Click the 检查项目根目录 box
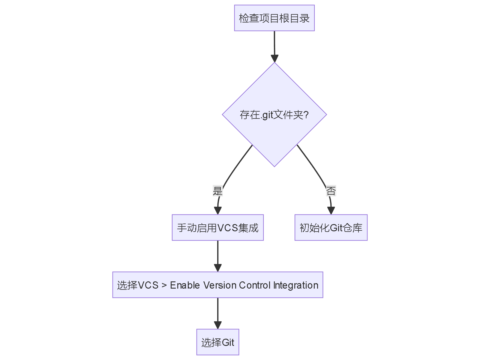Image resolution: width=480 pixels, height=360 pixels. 274,18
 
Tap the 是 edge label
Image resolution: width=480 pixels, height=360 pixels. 217,191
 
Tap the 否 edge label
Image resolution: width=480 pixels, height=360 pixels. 331,191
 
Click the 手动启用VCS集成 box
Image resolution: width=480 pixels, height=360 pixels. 217,227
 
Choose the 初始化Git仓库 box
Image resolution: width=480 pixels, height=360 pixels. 331,227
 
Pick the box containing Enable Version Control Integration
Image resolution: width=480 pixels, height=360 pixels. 217,285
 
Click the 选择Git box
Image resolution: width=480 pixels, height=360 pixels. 217,342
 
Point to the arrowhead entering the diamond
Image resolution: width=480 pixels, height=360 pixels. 274,58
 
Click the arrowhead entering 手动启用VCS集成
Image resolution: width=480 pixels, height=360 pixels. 218,210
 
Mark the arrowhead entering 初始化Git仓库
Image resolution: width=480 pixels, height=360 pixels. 331,210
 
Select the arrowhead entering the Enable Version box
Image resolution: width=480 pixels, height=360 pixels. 218,268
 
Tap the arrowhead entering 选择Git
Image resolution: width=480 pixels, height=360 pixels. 218,325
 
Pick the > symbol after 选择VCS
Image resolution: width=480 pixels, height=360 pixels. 164,285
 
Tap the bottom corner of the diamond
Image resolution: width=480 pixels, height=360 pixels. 274,166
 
